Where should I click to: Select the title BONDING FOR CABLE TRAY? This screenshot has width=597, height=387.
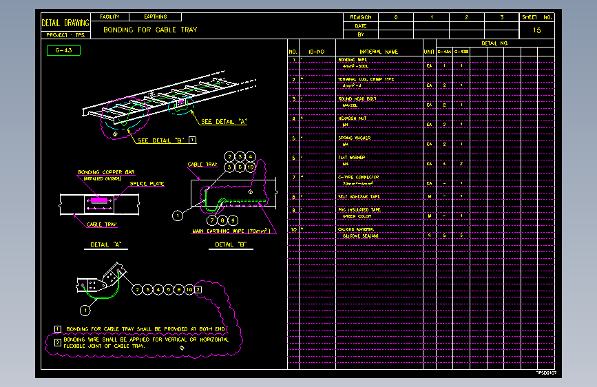point(150,30)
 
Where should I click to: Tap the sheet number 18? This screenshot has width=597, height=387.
point(537,30)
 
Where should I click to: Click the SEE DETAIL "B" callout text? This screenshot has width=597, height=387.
point(162,140)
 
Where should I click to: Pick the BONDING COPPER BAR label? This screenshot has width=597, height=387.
point(105,172)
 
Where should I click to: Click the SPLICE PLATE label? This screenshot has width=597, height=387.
point(147,184)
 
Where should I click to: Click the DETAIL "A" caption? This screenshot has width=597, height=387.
point(105,244)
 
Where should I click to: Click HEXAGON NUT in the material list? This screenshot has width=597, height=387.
point(353,118)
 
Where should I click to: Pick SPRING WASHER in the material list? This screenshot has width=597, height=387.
point(355,138)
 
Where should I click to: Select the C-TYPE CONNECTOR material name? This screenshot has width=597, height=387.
point(358,177)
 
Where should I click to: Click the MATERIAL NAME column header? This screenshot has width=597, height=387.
point(378,52)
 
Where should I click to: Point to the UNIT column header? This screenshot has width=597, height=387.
point(429,52)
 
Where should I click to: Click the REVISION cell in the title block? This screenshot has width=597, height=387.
point(360,17)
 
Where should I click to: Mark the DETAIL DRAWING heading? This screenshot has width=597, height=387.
point(65,23)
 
